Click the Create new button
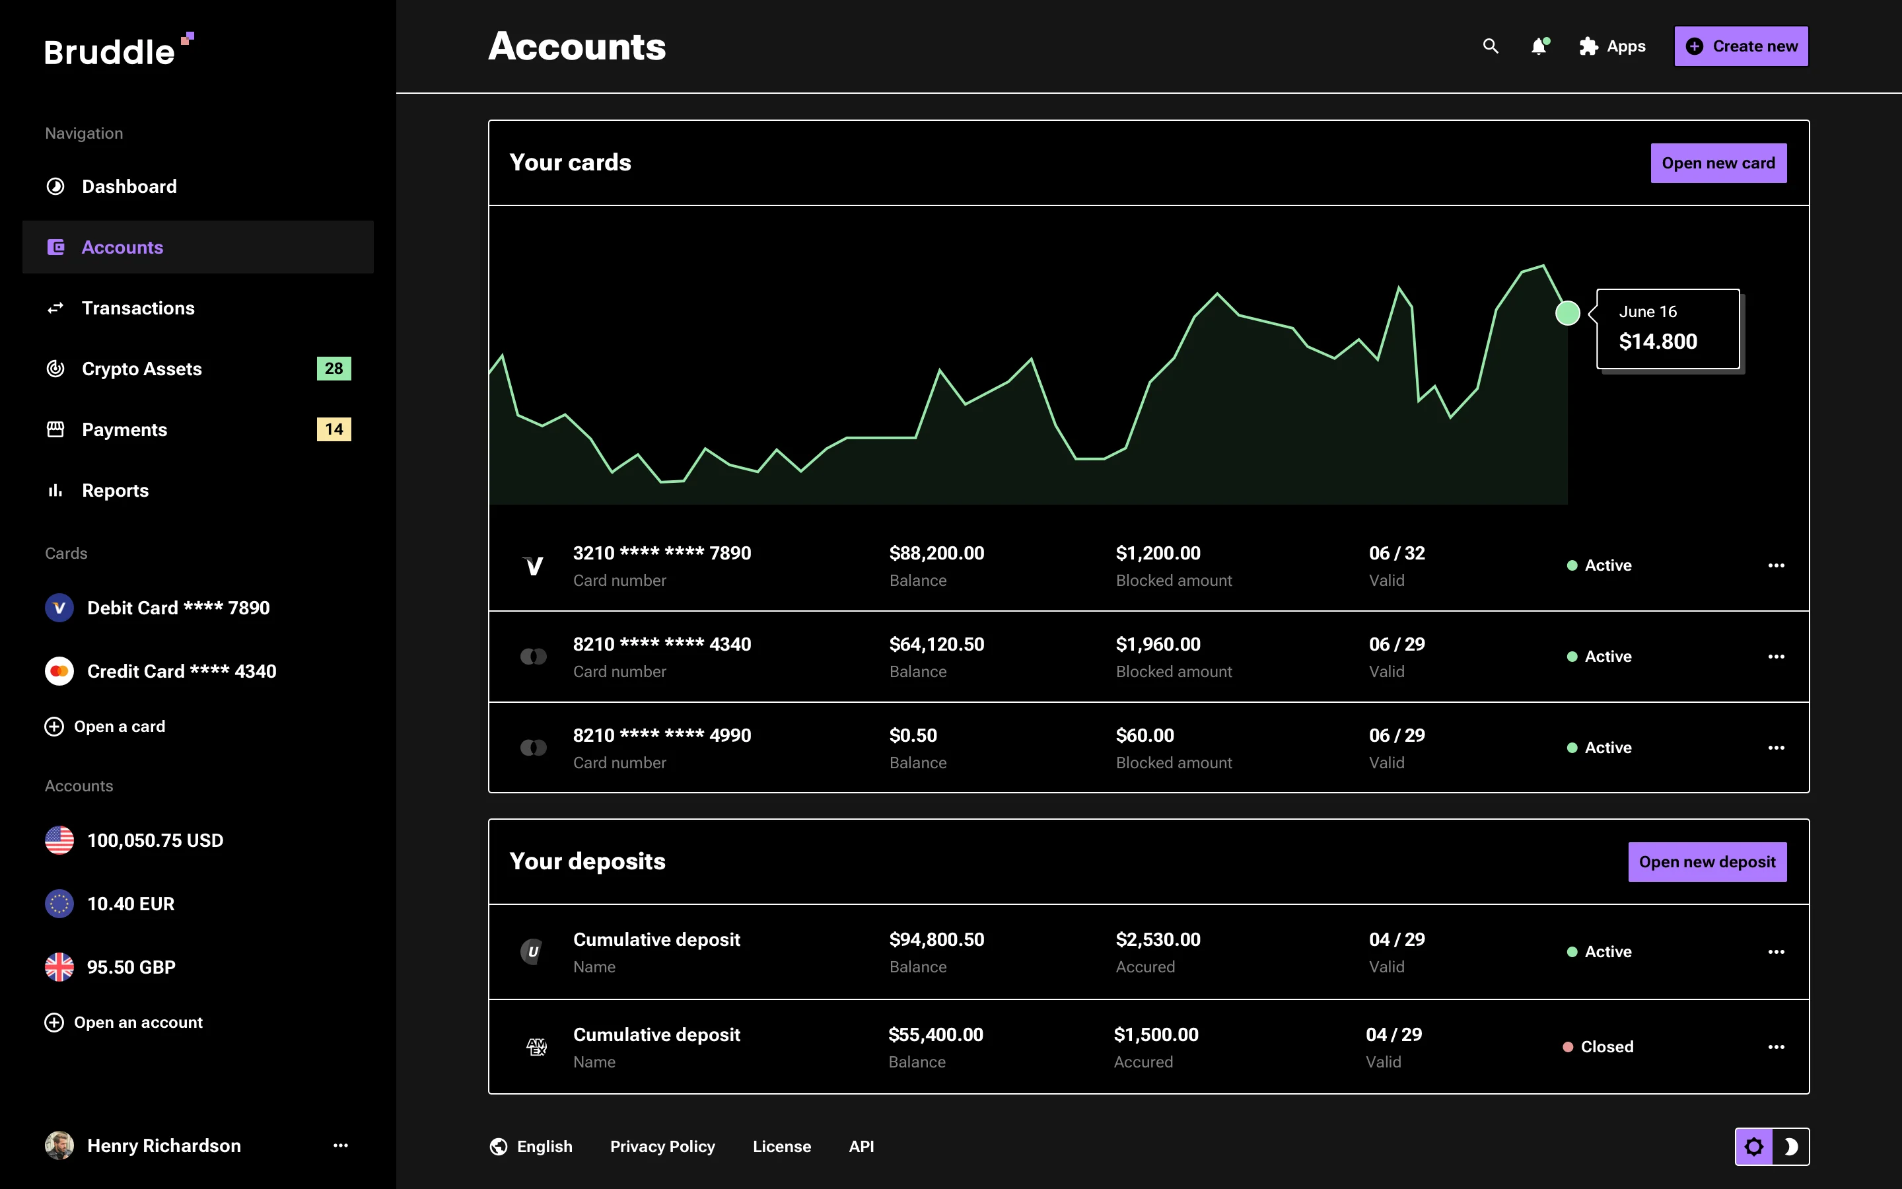pyautogui.click(x=1740, y=46)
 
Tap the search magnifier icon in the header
pyautogui.click(x=1490, y=46)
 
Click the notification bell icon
pyautogui.click(x=1539, y=46)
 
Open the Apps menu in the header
pyautogui.click(x=1612, y=46)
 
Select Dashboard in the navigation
pyautogui.click(x=129, y=186)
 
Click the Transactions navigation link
pyautogui.click(x=137, y=308)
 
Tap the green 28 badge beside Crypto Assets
pyautogui.click(x=334, y=369)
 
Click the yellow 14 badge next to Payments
pyautogui.click(x=334, y=429)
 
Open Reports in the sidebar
pyautogui.click(x=115, y=491)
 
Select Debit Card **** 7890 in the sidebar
pyautogui.click(x=178, y=608)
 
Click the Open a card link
pyautogui.click(x=119, y=727)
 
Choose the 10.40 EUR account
pyautogui.click(x=131, y=904)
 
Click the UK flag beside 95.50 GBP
pyautogui.click(x=59, y=967)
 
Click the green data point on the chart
pyautogui.click(x=1567, y=313)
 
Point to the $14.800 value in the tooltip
pyautogui.click(x=1658, y=342)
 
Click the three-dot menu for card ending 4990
pyautogui.click(x=1775, y=748)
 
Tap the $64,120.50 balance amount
pyautogui.click(x=936, y=644)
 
